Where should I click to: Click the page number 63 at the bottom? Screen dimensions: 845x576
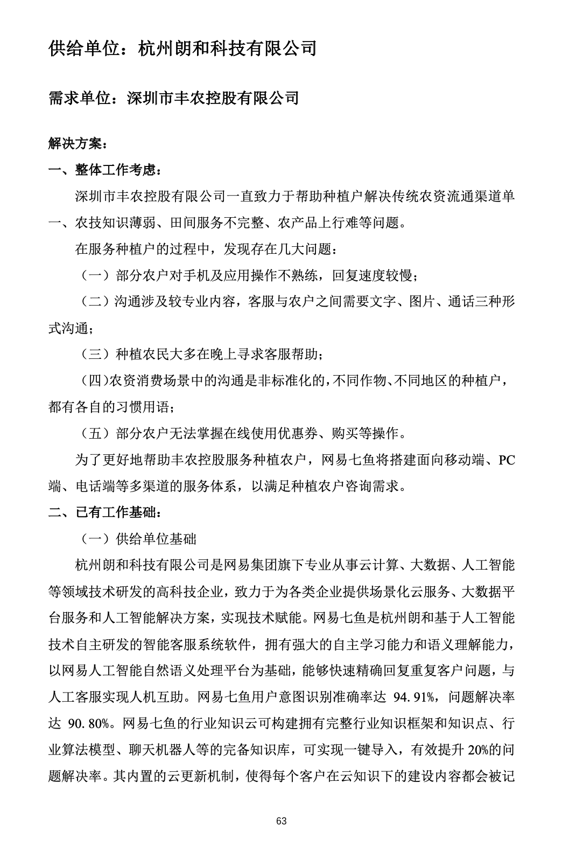click(x=281, y=821)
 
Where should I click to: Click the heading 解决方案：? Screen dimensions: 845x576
click(x=78, y=144)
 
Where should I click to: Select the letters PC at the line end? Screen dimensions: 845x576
click(x=507, y=460)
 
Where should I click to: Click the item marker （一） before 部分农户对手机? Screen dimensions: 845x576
click(x=94, y=276)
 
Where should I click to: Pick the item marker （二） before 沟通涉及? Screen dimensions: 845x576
click(x=94, y=302)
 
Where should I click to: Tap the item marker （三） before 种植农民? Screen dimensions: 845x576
click(x=94, y=355)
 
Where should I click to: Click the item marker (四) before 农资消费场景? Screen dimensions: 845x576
click(x=94, y=381)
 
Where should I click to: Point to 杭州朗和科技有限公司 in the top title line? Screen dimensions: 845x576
click(x=227, y=49)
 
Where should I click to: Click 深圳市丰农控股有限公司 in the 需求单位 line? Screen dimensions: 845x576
click(x=213, y=98)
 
